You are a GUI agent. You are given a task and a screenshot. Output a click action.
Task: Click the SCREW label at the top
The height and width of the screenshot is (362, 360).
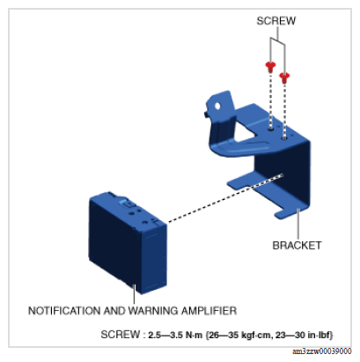[x=276, y=21]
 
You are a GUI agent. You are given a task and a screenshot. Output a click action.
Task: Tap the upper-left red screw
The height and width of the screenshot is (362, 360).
[x=270, y=67]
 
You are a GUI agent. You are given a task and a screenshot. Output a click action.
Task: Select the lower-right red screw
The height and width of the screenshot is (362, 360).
[x=284, y=78]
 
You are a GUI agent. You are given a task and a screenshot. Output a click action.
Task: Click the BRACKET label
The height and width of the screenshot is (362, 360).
[x=297, y=246]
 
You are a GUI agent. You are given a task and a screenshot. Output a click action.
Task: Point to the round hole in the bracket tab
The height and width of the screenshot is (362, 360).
[x=217, y=106]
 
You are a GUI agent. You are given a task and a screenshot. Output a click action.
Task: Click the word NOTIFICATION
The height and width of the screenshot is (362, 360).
[x=64, y=311]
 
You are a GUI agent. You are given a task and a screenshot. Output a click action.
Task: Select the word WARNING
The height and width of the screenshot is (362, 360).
[x=153, y=311]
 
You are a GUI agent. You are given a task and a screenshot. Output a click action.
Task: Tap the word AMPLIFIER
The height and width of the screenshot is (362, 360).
[x=209, y=311]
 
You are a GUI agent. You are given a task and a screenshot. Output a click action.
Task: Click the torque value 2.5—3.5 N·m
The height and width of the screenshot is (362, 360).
[x=175, y=335]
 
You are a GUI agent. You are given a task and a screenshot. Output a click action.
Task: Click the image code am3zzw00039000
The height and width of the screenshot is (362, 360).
[x=322, y=351]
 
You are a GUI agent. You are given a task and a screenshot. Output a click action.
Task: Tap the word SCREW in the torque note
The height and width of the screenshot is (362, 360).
[x=121, y=335]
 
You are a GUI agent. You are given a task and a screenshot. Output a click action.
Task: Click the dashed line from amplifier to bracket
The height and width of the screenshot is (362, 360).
[x=225, y=198]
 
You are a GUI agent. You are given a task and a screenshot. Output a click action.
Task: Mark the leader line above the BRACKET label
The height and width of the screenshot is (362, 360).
[x=298, y=224]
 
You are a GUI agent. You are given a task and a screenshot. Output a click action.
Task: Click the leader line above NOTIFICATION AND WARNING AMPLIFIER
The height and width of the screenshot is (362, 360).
[x=135, y=294]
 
